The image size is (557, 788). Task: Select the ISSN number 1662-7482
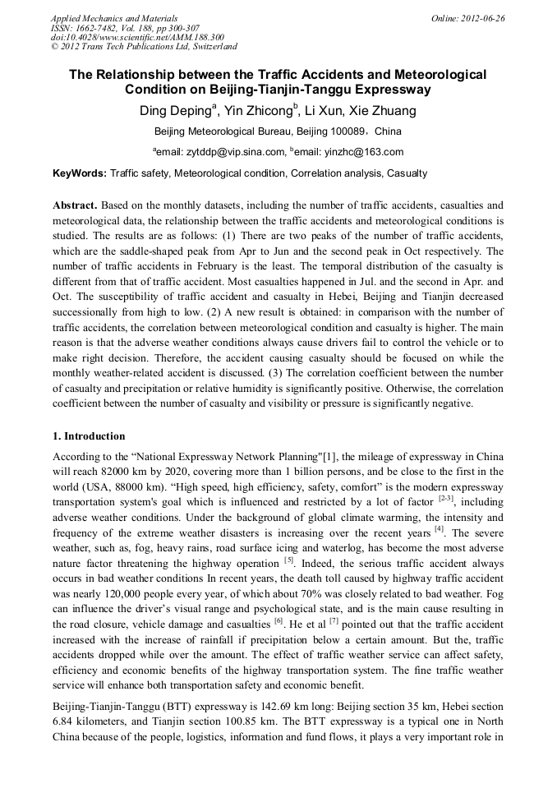99,28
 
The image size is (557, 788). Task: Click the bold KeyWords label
79,173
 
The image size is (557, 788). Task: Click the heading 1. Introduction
89,436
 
